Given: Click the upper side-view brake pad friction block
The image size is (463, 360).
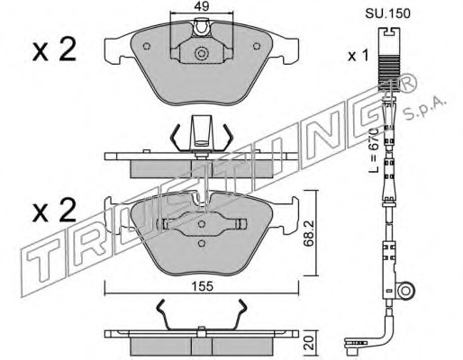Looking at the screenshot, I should coord(204,166).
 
